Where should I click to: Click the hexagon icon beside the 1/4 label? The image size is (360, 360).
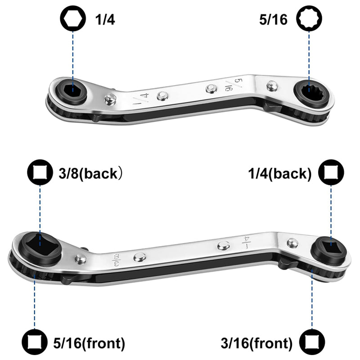[x=73, y=18]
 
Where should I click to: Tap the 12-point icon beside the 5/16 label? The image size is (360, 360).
[x=309, y=18]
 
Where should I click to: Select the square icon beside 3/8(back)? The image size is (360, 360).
[x=40, y=172]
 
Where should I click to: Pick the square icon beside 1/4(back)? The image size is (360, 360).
[x=331, y=172]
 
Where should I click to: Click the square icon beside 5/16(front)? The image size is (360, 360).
[x=35, y=342]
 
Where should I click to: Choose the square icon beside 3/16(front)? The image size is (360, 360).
[x=312, y=342]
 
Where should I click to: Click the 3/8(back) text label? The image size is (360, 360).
[x=90, y=174]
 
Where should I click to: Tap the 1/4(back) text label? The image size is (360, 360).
[x=280, y=174]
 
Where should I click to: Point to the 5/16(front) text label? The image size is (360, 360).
[x=89, y=343]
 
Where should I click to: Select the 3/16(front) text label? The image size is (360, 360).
[x=256, y=343]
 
